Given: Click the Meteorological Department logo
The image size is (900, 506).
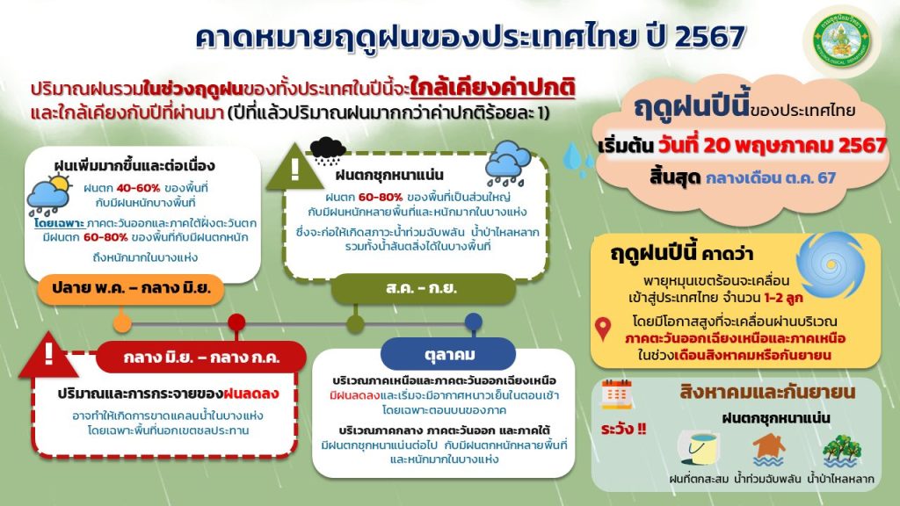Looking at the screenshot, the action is point(842,41).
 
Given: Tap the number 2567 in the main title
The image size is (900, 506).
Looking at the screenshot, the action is point(710,37).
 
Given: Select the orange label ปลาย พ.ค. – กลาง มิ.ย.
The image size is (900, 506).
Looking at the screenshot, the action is point(131,288).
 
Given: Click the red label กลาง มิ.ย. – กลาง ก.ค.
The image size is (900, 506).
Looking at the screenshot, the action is point(201,358).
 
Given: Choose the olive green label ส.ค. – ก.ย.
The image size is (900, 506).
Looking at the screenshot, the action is point(423,288).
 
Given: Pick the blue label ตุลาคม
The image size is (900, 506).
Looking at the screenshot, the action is point(448,355).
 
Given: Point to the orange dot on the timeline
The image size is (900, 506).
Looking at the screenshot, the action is point(121,323).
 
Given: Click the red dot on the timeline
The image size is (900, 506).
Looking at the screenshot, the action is point(236,322).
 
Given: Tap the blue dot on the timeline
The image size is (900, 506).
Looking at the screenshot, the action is point(474,322).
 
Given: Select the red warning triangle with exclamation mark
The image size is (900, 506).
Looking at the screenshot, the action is point(49,356).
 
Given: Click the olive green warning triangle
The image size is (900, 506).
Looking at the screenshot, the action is point(295,167).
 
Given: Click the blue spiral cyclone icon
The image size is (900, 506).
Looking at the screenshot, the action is point(830,264).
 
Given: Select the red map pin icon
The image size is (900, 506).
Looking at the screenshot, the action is point(603,329).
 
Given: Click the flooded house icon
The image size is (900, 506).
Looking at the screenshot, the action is point(768,450).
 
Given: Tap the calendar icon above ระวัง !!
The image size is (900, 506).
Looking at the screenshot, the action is point(616,394).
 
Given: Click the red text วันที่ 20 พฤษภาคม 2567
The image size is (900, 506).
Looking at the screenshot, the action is point(772,145).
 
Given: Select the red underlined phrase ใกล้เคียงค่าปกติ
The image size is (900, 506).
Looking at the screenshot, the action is point(492,88).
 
